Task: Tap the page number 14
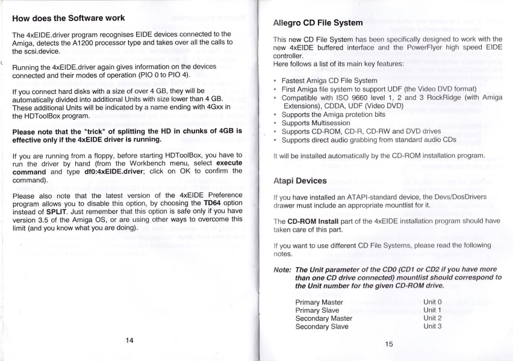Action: (x=129, y=340)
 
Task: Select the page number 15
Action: (x=388, y=344)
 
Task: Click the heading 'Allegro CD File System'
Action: (x=318, y=23)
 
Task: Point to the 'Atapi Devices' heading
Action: (x=300, y=180)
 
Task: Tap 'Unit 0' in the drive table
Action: (x=432, y=301)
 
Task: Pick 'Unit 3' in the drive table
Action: (x=432, y=326)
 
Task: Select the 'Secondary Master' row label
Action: (x=323, y=318)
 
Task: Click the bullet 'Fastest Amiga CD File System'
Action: (x=329, y=80)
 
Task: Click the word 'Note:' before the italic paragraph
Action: (x=282, y=269)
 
